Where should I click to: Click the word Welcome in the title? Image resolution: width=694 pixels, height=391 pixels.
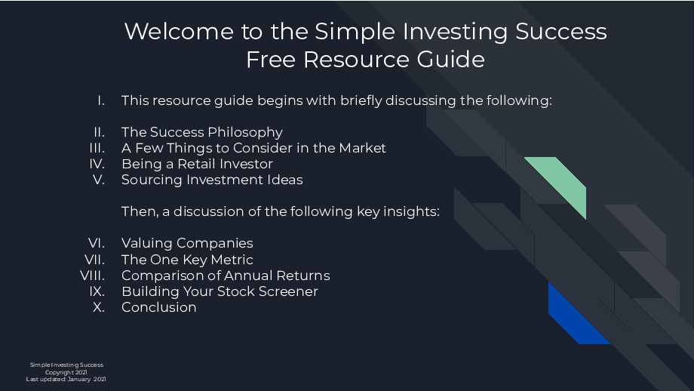point(179,32)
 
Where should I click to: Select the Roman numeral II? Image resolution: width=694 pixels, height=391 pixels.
point(99,132)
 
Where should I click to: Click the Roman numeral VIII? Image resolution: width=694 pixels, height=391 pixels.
point(93,276)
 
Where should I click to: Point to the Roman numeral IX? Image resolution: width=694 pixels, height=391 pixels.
point(97,291)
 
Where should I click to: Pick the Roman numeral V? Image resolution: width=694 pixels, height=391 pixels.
point(99,180)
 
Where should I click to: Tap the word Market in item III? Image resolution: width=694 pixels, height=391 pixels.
point(362,148)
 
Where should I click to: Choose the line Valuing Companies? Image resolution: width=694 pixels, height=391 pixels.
point(187,244)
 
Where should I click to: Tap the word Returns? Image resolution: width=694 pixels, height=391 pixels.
point(302,276)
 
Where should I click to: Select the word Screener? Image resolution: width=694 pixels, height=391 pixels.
point(288,291)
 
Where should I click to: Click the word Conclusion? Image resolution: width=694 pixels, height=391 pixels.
point(159,307)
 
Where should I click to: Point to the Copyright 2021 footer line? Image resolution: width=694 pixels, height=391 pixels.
point(66,372)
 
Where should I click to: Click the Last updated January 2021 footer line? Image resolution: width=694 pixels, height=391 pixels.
point(66,379)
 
